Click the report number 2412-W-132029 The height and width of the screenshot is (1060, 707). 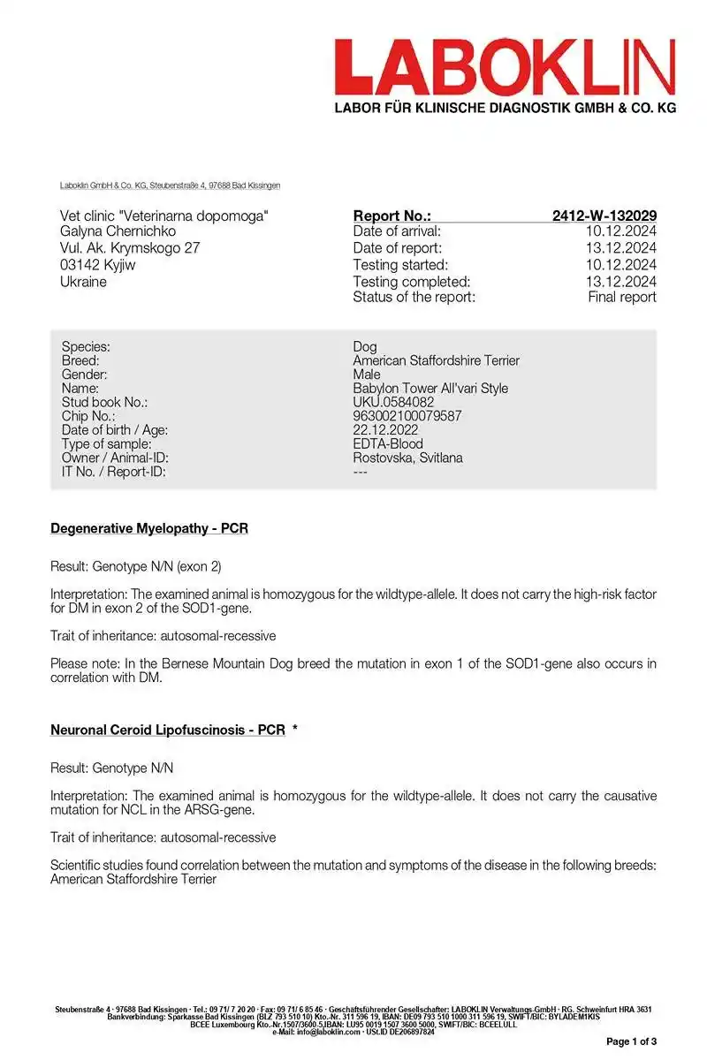click(604, 216)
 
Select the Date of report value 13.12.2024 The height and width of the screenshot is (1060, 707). click(622, 248)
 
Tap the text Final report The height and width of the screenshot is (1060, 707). click(622, 297)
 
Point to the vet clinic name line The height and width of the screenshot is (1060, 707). click(164, 216)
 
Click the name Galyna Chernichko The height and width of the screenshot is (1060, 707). click(118, 231)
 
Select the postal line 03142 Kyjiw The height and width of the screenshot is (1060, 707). click(97, 265)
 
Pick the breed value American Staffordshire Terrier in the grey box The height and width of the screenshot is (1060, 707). click(436, 360)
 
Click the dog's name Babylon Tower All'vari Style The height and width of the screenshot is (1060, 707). click(430, 389)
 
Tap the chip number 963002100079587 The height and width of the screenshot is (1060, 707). click(407, 416)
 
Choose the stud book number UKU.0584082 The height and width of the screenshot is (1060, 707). click(393, 402)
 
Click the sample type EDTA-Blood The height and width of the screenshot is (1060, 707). click(388, 443)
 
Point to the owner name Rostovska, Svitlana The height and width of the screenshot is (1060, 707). click(407, 458)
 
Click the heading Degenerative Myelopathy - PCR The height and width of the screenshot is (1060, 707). click(149, 529)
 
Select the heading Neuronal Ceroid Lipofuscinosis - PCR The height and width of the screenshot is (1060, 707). click(168, 731)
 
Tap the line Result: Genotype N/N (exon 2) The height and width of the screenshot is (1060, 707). click(142, 565)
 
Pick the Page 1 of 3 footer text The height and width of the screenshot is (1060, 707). click(631, 1041)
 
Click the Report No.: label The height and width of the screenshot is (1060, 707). click(392, 216)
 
